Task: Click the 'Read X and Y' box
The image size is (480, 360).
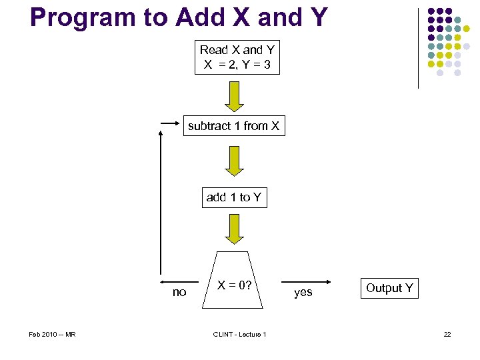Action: pos(237,58)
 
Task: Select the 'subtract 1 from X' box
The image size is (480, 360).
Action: pos(233,126)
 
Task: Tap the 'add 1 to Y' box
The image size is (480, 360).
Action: pos(234,197)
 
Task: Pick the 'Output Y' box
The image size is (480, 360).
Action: pos(389,288)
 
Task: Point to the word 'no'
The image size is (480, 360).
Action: pos(179,292)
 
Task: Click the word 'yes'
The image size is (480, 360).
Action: pos(303,292)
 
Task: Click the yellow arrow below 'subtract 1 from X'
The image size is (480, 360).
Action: pos(235,161)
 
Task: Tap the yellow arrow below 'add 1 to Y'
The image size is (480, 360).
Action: pos(235,229)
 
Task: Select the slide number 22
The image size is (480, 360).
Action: pos(447,334)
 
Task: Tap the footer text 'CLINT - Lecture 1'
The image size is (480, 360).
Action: pos(239,334)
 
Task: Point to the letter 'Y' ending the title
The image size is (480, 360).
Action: pos(317,17)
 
